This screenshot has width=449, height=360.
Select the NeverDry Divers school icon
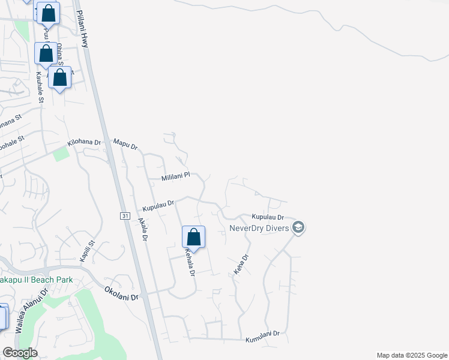click(298, 227)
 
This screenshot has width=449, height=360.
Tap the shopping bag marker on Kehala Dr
click(193, 238)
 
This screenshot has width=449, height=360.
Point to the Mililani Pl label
click(175, 177)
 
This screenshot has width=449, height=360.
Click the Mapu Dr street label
click(126, 145)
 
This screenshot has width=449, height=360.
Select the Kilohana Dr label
click(85, 143)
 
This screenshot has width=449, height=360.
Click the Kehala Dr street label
click(190, 263)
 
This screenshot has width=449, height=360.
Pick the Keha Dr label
click(241, 265)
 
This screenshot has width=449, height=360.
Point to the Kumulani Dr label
click(263, 340)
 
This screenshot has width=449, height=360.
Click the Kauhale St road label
click(40, 88)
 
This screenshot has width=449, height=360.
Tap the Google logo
click(20, 353)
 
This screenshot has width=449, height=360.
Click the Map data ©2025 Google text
click(411, 355)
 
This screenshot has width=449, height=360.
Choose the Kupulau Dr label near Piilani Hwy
click(158, 206)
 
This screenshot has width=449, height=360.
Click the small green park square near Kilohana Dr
click(61, 154)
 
